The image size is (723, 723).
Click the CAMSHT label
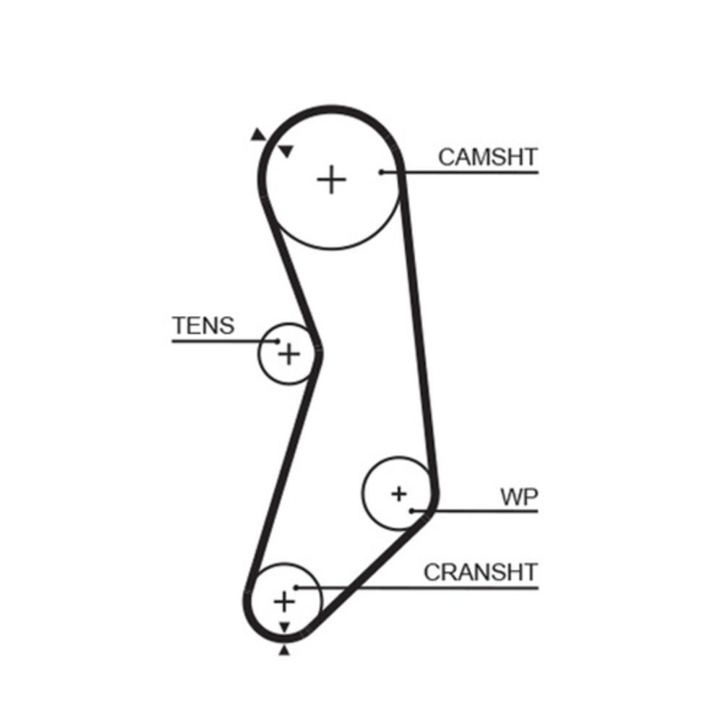[488, 157]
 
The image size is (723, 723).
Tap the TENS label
[203, 325]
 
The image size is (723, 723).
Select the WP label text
[519, 497]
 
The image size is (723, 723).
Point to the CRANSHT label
[481, 572]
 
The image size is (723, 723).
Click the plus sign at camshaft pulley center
[332, 179]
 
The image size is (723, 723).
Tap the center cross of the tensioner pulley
[289, 354]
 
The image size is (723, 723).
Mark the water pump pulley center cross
[399, 494]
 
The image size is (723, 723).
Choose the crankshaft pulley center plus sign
[284, 602]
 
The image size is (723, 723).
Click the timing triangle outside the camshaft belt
[258, 134]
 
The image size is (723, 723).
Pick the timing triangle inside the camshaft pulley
[286, 151]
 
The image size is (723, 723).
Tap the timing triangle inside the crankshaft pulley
[284, 627]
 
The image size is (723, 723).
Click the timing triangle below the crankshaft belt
[284, 650]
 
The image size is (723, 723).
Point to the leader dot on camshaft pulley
[381, 173]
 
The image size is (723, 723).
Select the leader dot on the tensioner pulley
[277, 341]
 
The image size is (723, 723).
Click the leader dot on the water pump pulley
[411, 511]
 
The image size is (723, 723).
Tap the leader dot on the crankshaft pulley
[296, 587]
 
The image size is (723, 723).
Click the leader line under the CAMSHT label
[460, 173]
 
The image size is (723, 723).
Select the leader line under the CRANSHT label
[417, 588]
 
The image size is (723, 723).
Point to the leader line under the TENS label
[225, 341]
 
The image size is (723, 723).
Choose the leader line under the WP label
[475, 511]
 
